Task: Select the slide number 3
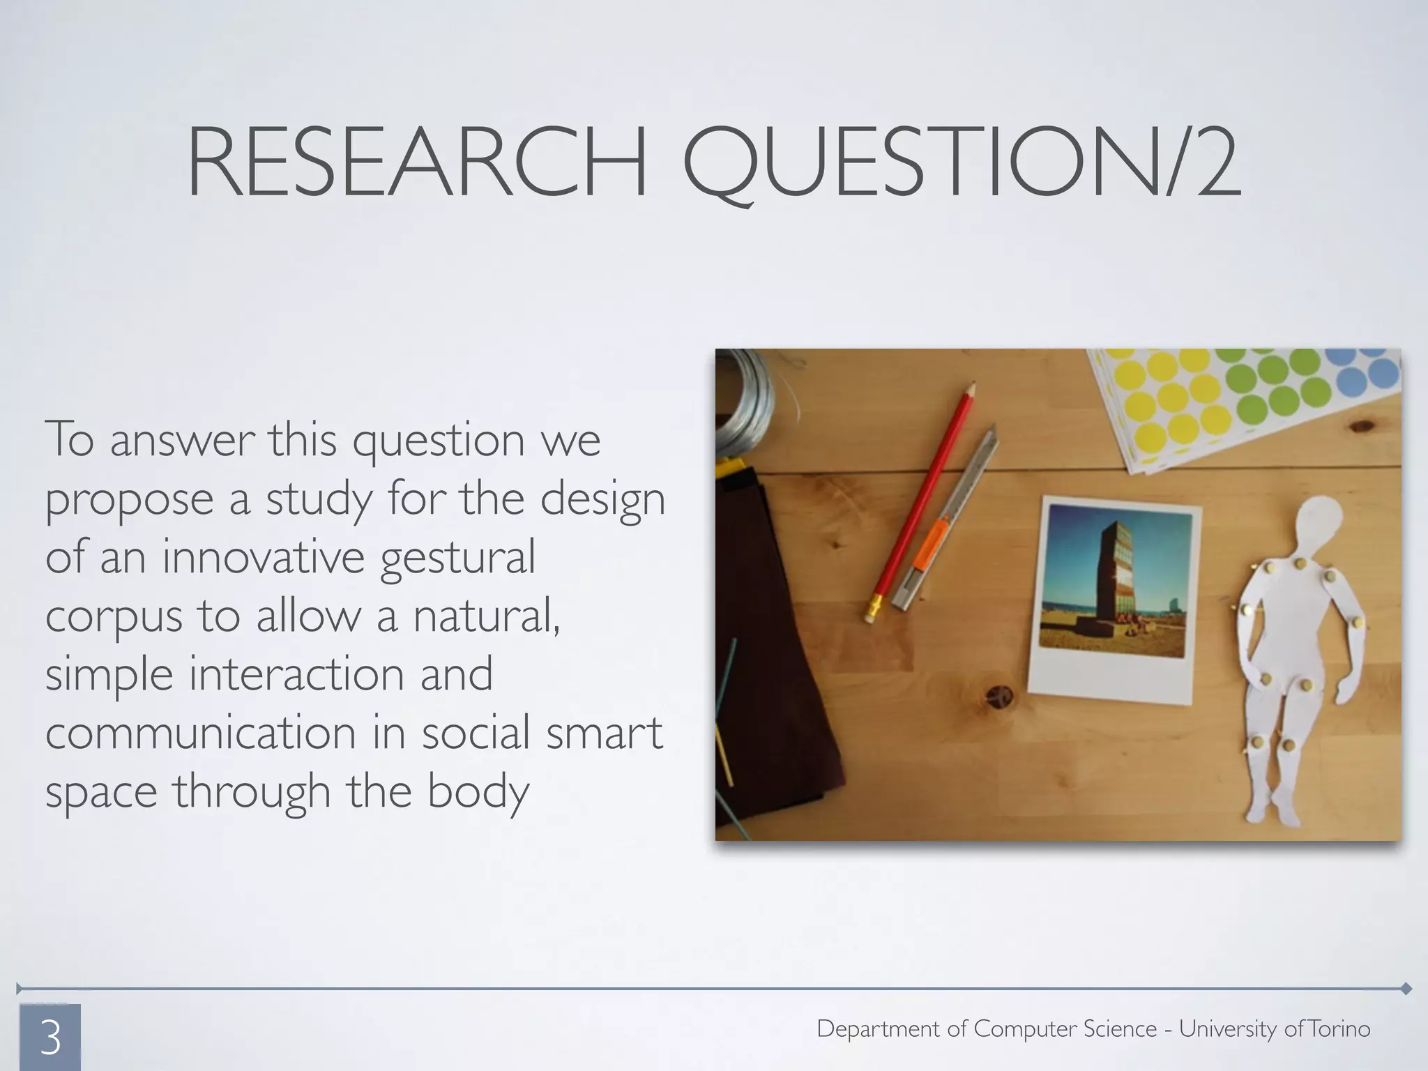[50, 1038]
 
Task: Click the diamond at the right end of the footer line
[1406, 989]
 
